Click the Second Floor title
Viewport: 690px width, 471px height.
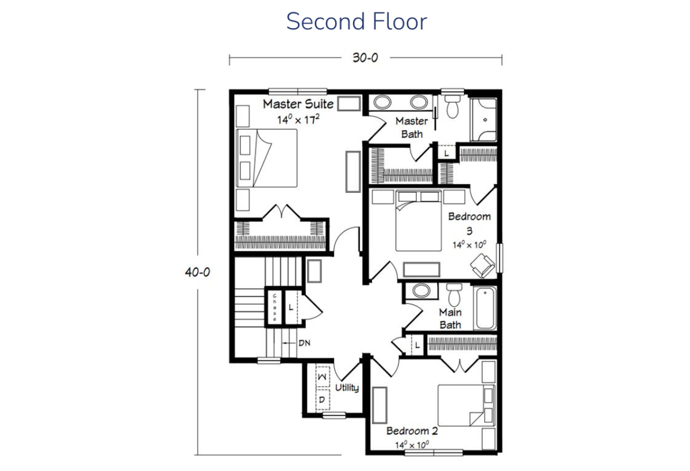tap(356, 21)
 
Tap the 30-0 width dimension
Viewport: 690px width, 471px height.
tap(365, 58)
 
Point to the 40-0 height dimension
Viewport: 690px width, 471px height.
tap(197, 272)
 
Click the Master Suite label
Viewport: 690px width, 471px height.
tap(298, 104)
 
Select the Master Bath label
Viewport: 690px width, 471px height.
tap(412, 127)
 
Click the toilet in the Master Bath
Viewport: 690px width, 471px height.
tap(453, 107)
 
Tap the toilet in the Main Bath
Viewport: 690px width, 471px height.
tap(454, 295)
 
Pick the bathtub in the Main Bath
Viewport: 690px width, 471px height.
tap(485, 308)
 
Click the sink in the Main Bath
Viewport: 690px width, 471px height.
tap(421, 291)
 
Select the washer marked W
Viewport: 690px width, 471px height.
tap(323, 377)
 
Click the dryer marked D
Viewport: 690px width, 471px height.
tap(323, 400)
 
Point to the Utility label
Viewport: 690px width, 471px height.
tap(347, 388)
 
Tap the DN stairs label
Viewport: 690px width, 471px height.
tap(304, 343)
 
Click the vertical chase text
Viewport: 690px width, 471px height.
tap(274, 307)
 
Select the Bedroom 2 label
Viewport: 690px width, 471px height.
tap(412, 431)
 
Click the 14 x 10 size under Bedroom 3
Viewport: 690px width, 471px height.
tap(469, 245)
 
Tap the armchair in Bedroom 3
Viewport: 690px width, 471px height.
tap(482, 265)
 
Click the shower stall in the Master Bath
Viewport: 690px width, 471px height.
tap(484, 120)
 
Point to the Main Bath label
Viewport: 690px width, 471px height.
tap(450, 318)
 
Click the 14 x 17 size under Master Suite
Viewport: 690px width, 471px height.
tap(298, 120)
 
